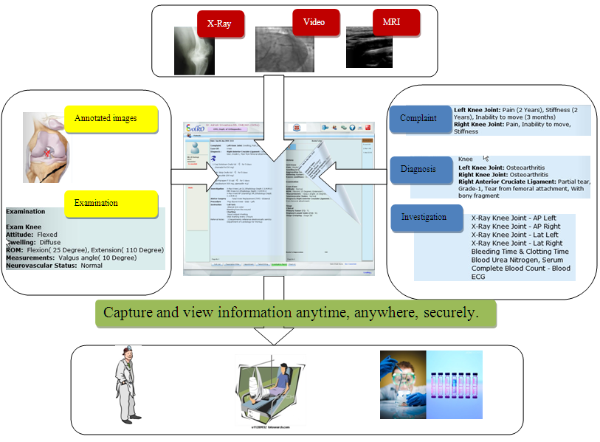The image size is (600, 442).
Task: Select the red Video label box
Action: point(313,22)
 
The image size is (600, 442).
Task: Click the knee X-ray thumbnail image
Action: point(194,50)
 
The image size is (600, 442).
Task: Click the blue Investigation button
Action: point(424,218)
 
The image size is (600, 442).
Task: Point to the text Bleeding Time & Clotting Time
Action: point(520,251)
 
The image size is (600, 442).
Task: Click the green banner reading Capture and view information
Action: point(294,312)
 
